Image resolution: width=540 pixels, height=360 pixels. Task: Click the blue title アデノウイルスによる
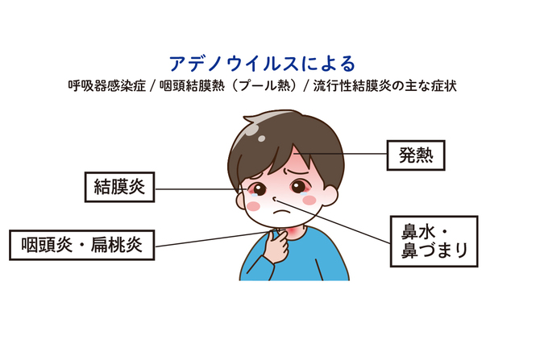point(262,64)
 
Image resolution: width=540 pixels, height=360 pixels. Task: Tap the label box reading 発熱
point(416,155)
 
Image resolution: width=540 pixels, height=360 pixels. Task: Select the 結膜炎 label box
point(119,187)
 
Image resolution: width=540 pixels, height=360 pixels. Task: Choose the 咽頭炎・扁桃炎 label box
point(81,245)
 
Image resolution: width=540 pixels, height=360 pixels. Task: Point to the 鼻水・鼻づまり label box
point(434,242)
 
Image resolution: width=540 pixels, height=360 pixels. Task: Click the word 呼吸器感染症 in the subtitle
point(106,85)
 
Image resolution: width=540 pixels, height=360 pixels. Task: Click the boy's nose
point(275,199)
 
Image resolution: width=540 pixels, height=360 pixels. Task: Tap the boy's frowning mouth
point(281,211)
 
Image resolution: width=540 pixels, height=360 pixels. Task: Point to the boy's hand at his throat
point(277,245)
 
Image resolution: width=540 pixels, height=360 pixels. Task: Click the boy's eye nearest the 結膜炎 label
point(259,189)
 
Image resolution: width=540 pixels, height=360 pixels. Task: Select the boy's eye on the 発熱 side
point(298,187)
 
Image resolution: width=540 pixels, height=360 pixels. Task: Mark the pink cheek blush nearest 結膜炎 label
point(253,206)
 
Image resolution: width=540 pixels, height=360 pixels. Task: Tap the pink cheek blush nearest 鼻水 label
point(309,200)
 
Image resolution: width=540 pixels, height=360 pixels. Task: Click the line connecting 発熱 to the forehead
point(340,153)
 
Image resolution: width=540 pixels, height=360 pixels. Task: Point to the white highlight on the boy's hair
point(254,129)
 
